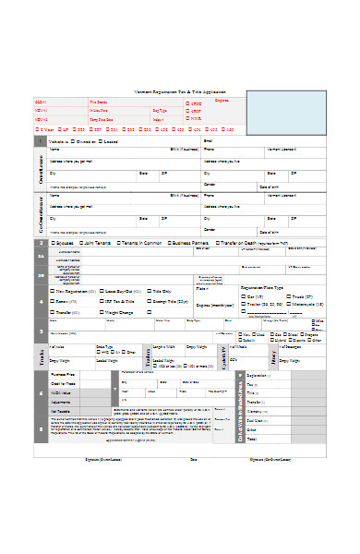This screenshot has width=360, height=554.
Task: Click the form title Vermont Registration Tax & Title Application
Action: pos(190,92)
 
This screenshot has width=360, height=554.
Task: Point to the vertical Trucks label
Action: pos(40,355)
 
